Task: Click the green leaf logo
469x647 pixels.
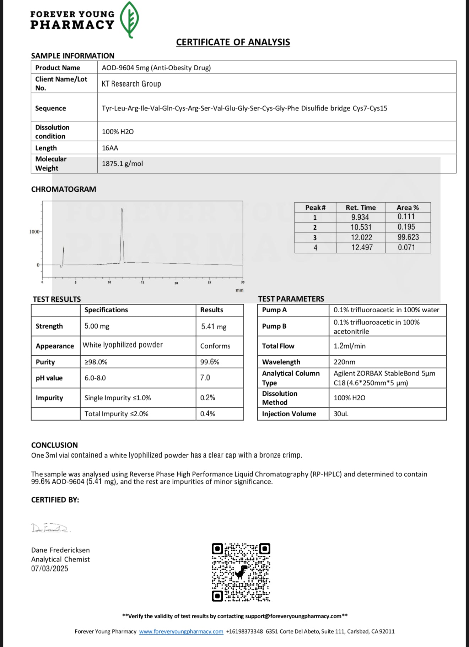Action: point(129,20)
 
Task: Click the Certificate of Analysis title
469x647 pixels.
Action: point(233,42)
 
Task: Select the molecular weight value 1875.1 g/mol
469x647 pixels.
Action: point(122,164)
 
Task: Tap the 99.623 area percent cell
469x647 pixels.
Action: point(408,237)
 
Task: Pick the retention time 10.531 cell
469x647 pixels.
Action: point(361,227)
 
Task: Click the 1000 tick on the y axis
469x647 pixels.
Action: point(34,232)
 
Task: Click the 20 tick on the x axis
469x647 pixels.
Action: point(176,283)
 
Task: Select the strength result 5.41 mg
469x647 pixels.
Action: point(214,327)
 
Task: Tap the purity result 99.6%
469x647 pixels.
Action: point(210,362)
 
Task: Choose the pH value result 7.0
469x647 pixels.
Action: point(205,378)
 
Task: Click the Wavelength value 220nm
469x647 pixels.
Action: point(344,362)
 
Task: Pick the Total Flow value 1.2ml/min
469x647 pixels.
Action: point(349,346)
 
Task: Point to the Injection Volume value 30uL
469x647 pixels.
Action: point(341,414)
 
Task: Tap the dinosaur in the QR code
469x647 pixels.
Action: point(241,572)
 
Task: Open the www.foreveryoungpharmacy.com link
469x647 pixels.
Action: point(181,631)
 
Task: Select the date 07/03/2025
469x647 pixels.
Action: point(49,569)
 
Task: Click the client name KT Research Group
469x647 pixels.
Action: point(131,84)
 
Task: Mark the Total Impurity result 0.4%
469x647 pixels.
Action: point(207,414)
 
